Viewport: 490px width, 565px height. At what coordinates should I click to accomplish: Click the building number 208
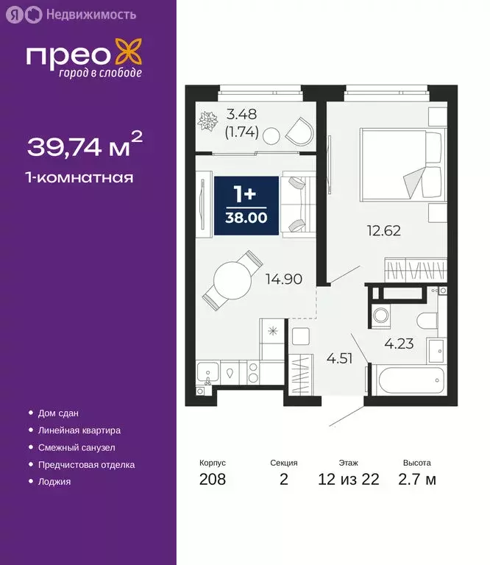coord(213,480)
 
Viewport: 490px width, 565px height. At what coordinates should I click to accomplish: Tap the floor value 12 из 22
coord(348,480)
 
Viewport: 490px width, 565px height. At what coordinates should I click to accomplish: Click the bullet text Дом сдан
coord(57,413)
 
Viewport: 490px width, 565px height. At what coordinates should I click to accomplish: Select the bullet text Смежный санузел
coord(76,447)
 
